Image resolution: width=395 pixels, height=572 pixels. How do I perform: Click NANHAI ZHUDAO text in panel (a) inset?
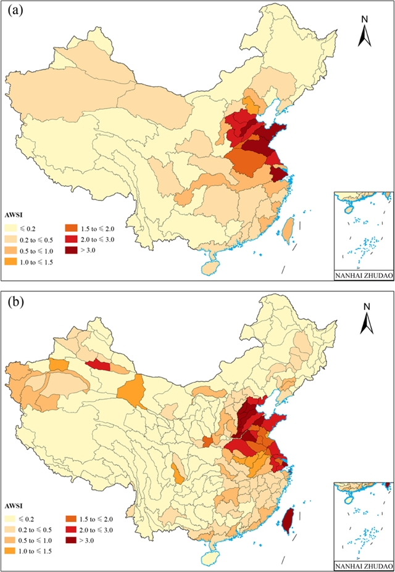click(x=362, y=275)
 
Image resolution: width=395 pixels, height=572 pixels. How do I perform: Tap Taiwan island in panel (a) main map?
click(x=287, y=228)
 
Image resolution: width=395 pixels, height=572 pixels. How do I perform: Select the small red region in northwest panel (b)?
click(x=99, y=366)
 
